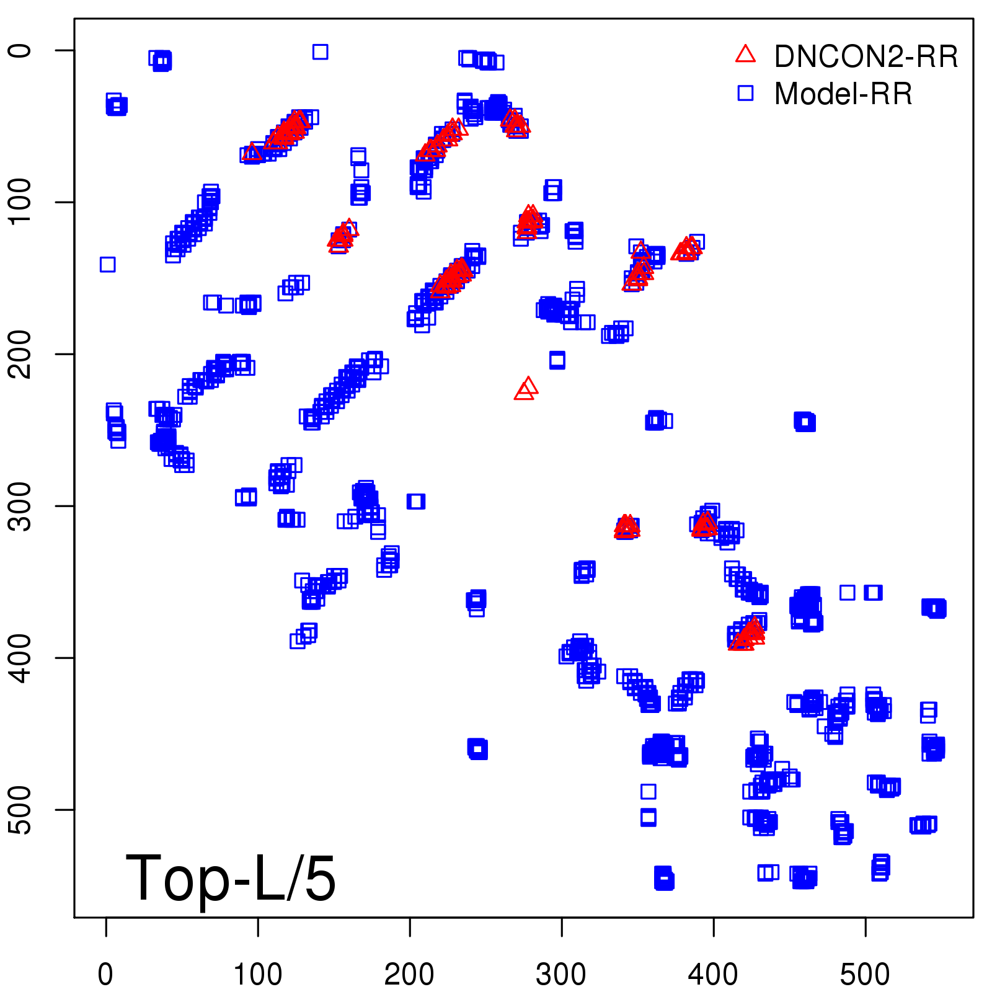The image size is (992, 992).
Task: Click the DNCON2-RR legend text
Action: tap(866, 56)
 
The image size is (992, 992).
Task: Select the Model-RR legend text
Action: tap(843, 94)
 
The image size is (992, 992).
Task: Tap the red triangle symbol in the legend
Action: tap(745, 55)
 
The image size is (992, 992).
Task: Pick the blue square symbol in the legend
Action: tap(745, 93)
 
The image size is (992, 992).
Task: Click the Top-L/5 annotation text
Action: tap(231, 878)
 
